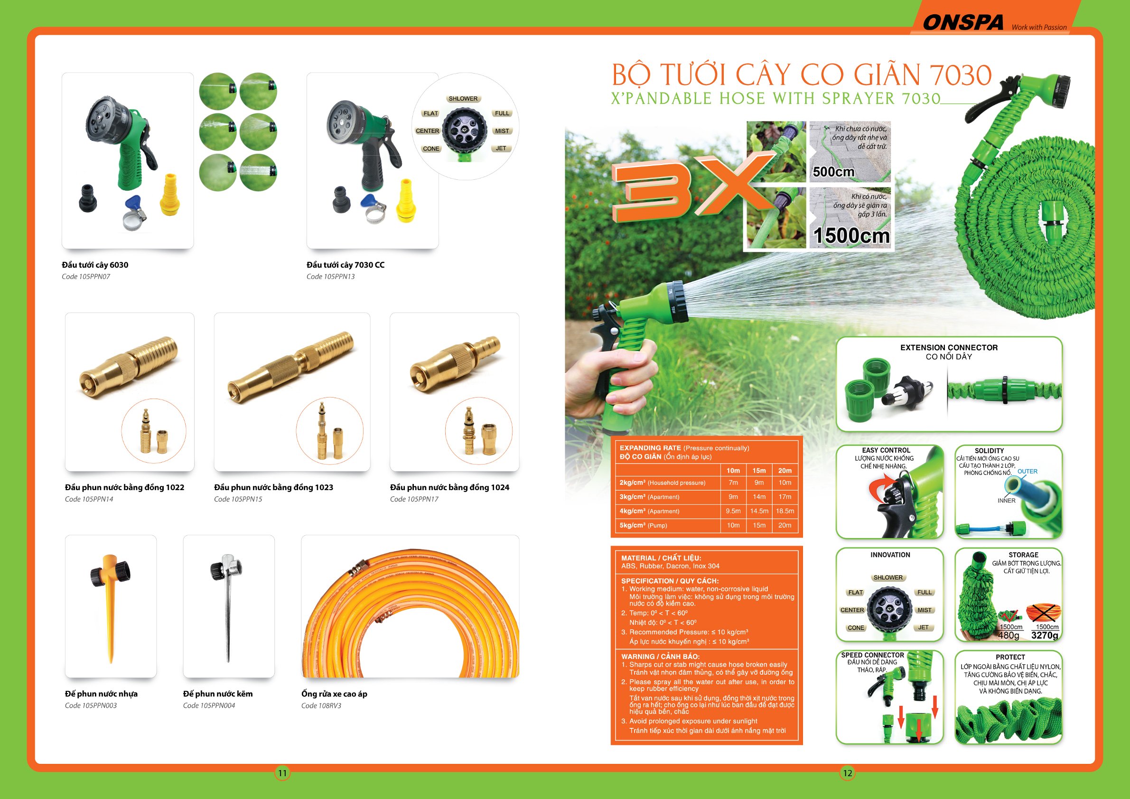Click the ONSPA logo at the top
[962, 22]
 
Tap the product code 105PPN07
[86, 277]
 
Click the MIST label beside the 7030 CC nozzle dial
[502, 131]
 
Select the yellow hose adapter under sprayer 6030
[170, 195]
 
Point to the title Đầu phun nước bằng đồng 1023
[273, 487]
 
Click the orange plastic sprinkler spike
[110, 605]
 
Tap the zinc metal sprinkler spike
[227, 605]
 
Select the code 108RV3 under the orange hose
[321, 706]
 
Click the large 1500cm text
[851, 235]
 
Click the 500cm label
[833, 172]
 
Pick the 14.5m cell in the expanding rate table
[759, 511]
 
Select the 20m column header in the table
[784, 470]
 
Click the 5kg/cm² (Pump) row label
[643, 525]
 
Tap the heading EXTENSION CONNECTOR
[948, 347]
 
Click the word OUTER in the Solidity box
[1027, 471]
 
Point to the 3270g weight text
[1045, 635]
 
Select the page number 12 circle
[847, 773]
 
